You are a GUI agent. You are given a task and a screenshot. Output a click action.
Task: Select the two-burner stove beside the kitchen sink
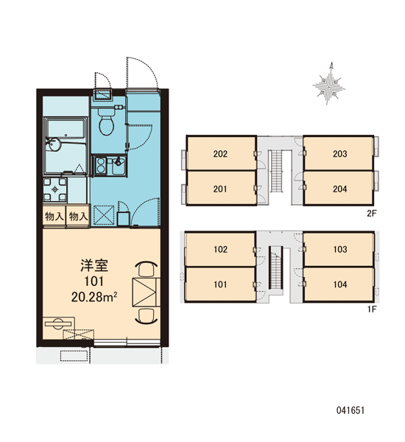pos(100,165)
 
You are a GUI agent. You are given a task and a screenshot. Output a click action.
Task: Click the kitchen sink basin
pos(118,166)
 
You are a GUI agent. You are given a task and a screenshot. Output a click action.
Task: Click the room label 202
pos(220,154)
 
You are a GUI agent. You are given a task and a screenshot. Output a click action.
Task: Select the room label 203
pos(340,154)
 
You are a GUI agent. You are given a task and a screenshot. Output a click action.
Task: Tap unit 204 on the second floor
pos(339,189)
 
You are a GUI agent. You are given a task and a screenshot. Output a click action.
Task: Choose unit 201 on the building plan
pos(221,189)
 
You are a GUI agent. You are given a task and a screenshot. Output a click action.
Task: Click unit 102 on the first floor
pos(220,249)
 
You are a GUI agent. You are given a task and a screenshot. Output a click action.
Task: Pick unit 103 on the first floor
pos(339,249)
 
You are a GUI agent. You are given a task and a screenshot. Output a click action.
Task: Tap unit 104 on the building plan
pos(339,284)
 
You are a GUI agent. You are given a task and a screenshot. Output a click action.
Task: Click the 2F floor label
pos(372,214)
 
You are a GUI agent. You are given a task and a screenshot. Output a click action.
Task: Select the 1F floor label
pos(372,309)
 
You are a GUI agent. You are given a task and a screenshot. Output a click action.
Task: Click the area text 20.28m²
pos(94,297)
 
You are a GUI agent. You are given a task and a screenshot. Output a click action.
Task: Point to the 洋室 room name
pos(94,266)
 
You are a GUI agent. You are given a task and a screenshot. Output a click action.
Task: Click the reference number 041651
pos(351,410)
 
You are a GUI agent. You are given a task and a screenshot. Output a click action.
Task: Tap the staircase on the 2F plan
pos(276,171)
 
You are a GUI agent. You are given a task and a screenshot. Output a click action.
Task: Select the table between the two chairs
pos(146,292)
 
